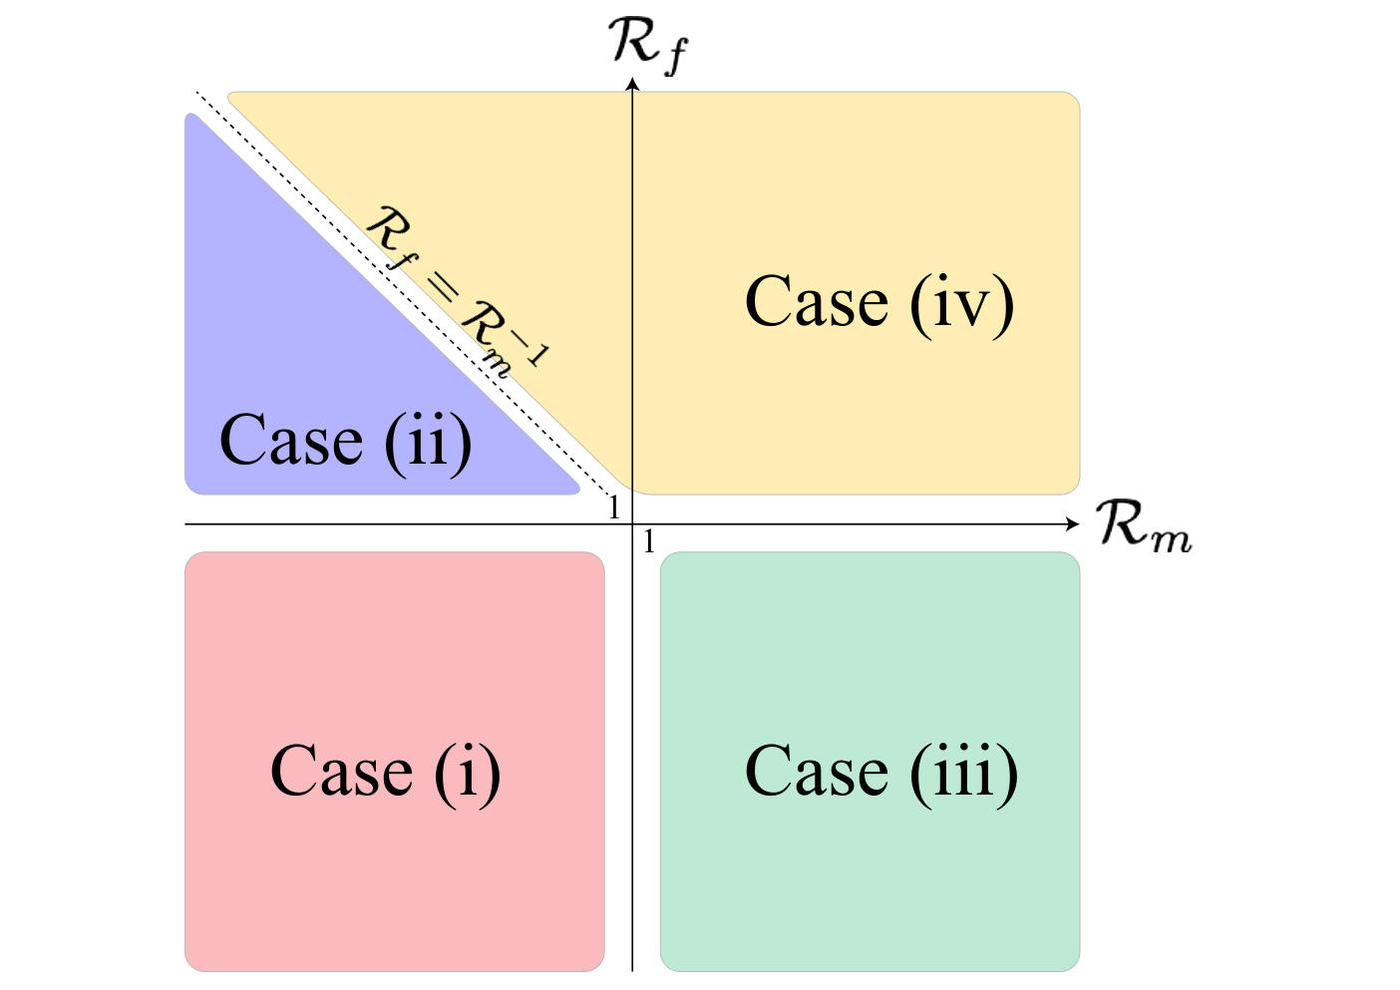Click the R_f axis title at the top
pyautogui.click(x=648, y=46)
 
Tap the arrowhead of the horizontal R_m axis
pyautogui.click(x=1073, y=524)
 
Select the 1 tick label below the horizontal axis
pyautogui.click(x=649, y=541)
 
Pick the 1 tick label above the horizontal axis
pyautogui.click(x=614, y=507)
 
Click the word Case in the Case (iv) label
pyautogui.click(x=817, y=302)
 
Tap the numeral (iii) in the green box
pyautogui.click(x=964, y=775)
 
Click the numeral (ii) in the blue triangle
pyautogui.click(x=428, y=444)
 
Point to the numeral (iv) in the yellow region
pyautogui.click(x=962, y=305)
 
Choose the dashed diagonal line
pyautogui.click(x=403, y=294)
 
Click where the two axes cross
pyautogui.click(x=632, y=524)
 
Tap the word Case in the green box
pyautogui.click(x=817, y=773)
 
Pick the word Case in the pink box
pyautogui.click(x=341, y=773)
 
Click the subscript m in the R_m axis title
pyautogui.click(x=1173, y=538)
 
